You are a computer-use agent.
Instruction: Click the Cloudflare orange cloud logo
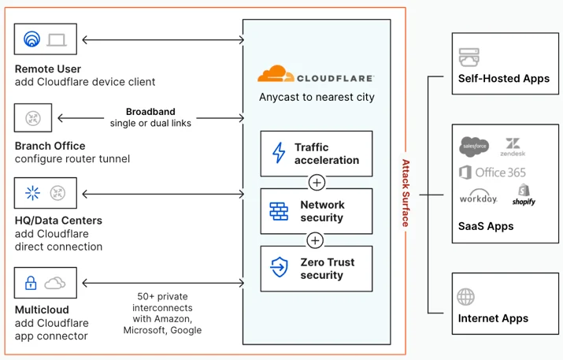click(x=276, y=73)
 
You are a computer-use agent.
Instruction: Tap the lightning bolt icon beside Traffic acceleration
click(x=279, y=153)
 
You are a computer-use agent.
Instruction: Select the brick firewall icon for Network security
click(x=279, y=211)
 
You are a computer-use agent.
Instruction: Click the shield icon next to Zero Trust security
click(x=279, y=267)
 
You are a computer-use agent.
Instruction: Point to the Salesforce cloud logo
click(x=474, y=147)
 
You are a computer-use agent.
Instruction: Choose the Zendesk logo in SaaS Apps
click(x=513, y=147)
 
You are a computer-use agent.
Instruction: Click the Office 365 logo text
click(x=493, y=173)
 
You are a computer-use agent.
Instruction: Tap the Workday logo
click(x=479, y=196)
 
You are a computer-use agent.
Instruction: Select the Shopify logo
click(x=524, y=195)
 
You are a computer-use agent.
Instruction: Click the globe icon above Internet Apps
click(x=465, y=297)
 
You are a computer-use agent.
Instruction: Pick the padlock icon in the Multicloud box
click(x=31, y=283)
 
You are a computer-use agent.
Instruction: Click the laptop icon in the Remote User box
click(x=57, y=40)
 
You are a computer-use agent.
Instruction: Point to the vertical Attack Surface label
click(x=406, y=193)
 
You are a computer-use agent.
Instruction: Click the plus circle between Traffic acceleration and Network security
click(x=317, y=183)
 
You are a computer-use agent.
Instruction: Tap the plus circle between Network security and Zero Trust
click(x=315, y=240)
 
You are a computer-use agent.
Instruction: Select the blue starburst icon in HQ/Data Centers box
click(x=32, y=193)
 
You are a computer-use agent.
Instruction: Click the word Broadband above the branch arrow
click(x=150, y=112)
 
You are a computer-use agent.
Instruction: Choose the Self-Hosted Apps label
click(x=504, y=79)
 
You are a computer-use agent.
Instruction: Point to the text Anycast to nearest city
click(x=317, y=98)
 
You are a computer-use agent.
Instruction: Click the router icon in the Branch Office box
click(x=33, y=118)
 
